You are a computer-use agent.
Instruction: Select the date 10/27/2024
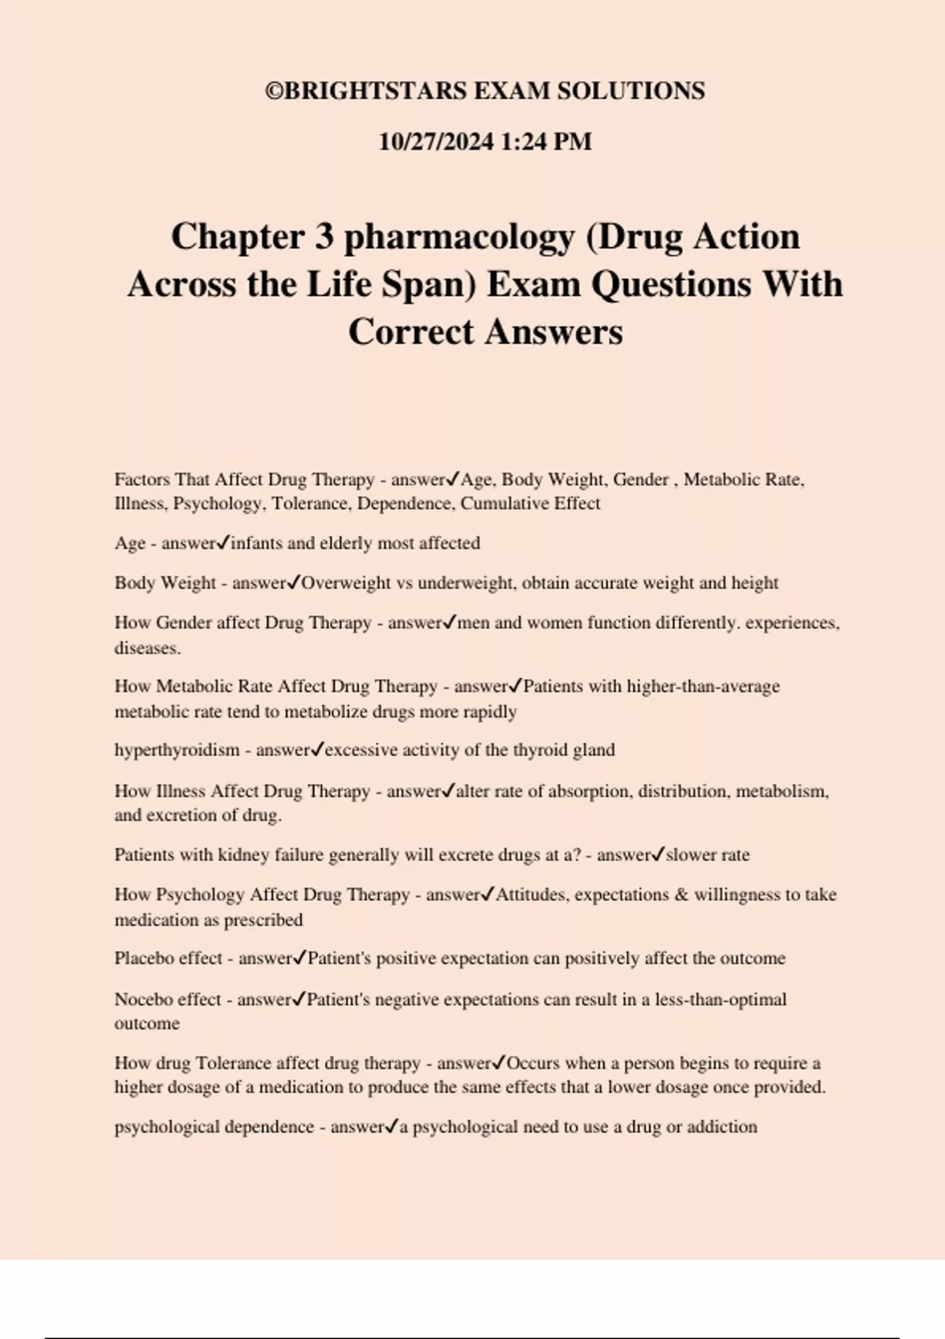tap(435, 142)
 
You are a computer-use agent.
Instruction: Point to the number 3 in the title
tap(324, 237)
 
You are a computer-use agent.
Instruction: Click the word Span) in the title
tap(430, 284)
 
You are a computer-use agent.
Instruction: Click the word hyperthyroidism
tap(176, 750)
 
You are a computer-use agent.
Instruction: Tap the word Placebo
tap(145, 959)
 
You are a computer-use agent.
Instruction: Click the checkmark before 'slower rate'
tap(658, 855)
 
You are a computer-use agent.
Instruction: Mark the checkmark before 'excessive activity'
tap(317, 750)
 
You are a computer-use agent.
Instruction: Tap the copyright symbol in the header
tap(274, 91)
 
